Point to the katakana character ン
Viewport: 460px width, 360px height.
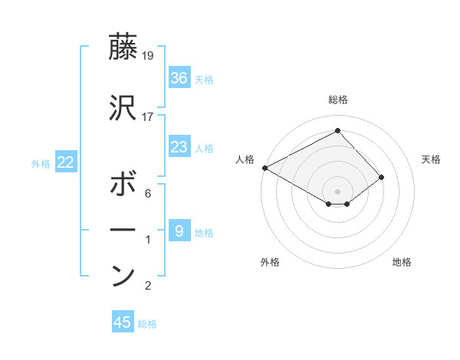123,277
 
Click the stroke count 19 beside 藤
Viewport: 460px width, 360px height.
148,55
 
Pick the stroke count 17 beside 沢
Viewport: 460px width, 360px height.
148,117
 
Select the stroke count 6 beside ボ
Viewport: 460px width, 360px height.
148,194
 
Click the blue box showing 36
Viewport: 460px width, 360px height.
179,78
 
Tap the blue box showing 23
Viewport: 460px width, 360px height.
179,147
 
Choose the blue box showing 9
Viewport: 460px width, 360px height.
179,231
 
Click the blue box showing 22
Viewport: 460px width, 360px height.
66,162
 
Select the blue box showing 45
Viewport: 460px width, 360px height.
123,322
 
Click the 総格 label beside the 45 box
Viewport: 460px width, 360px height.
147,324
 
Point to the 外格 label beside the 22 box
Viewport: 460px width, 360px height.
41,164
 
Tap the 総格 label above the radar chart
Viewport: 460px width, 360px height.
337,100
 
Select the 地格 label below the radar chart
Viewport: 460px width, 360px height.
402,262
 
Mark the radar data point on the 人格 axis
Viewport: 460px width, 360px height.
264,168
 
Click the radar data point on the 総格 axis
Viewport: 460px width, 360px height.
337,131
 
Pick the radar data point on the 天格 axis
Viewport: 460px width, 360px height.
381,177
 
